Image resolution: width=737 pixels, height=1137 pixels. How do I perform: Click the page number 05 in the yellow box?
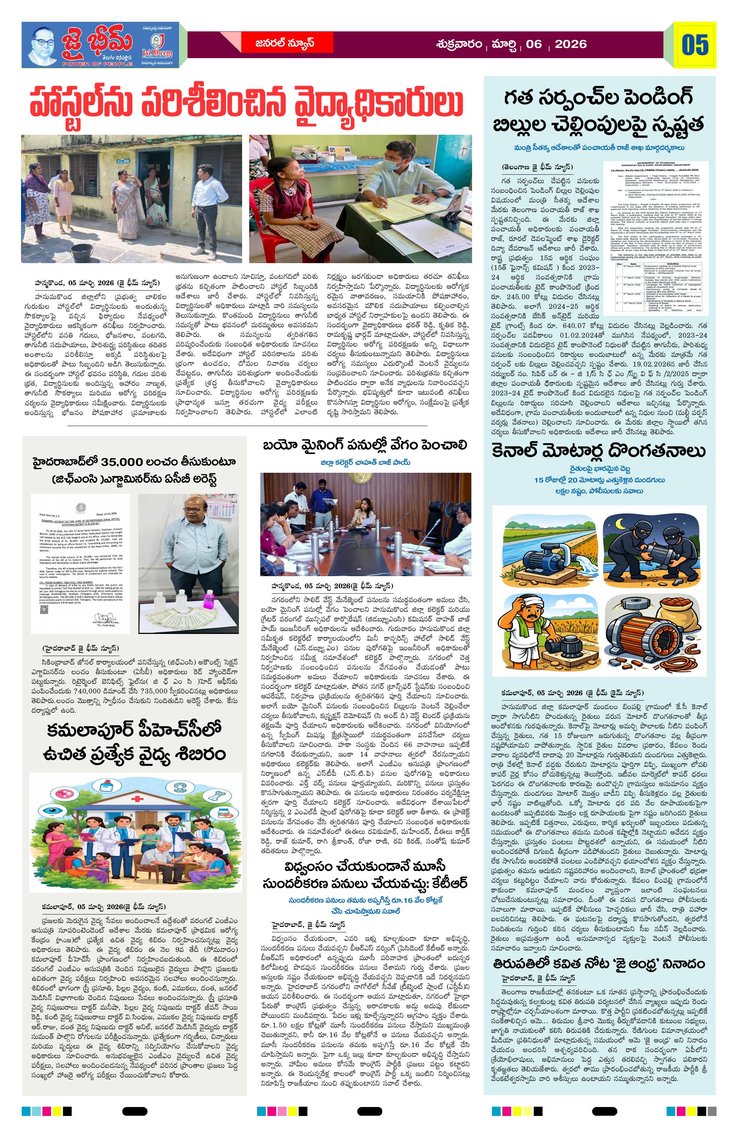click(x=695, y=45)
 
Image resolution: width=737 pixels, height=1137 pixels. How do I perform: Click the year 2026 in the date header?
click(x=571, y=45)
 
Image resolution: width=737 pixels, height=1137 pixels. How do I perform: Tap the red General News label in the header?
click(x=284, y=43)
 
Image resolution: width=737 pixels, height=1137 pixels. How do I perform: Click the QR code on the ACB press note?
click(x=45, y=599)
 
